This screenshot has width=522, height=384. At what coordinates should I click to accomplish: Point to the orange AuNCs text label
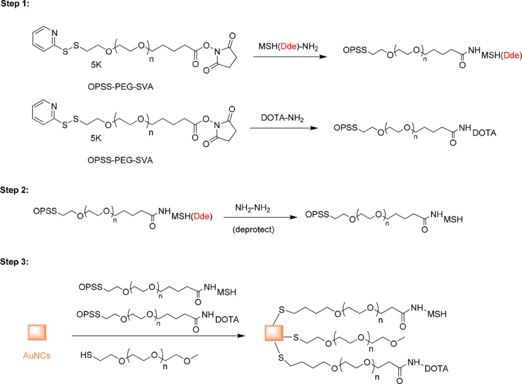click(36, 355)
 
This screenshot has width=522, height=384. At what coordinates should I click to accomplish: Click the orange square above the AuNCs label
click(36, 331)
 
